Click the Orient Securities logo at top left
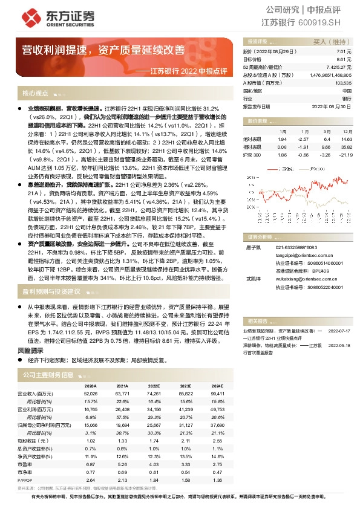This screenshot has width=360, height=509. [52, 17]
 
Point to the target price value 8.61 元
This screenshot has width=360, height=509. [344, 60]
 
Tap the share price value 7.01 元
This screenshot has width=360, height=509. [344, 53]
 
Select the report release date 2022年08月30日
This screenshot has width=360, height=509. [332, 105]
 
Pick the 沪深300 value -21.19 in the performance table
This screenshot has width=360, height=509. [345, 155]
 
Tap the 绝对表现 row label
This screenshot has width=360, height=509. [253, 138]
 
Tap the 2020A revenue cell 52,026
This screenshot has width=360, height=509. [90, 393]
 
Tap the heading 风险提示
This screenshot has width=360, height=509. [30, 350]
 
